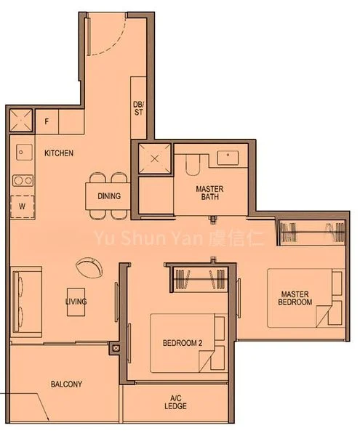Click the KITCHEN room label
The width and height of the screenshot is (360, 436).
[x=58, y=153]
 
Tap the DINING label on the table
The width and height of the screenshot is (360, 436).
[x=108, y=196]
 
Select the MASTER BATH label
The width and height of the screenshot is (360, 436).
[x=209, y=193]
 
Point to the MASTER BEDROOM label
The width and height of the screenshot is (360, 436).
[x=297, y=298]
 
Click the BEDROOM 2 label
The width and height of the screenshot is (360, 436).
[x=183, y=342]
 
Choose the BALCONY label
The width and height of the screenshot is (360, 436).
[x=66, y=384]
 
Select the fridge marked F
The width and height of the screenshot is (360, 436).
[x=47, y=121]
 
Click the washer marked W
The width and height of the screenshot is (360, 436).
[x=22, y=206]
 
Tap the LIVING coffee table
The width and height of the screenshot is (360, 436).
[x=76, y=301]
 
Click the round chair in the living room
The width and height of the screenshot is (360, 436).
[x=88, y=265]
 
